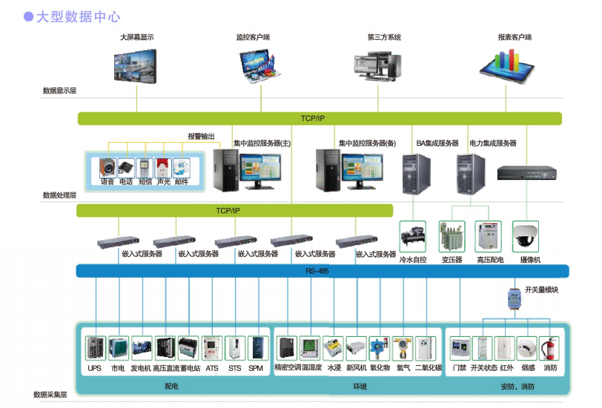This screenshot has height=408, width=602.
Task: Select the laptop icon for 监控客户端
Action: [x=252, y=64]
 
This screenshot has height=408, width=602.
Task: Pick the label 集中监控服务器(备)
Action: [x=368, y=143]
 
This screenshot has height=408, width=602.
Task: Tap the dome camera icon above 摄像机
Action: [x=527, y=236]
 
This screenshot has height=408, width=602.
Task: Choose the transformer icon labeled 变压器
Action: [x=451, y=237]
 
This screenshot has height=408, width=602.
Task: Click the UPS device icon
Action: [x=95, y=348]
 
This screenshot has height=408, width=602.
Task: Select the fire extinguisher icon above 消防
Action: [x=550, y=348]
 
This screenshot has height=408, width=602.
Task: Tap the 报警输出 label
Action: [x=201, y=136]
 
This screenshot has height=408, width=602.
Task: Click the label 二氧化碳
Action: [x=429, y=368]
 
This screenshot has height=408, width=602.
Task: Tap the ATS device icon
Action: [x=212, y=348]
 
